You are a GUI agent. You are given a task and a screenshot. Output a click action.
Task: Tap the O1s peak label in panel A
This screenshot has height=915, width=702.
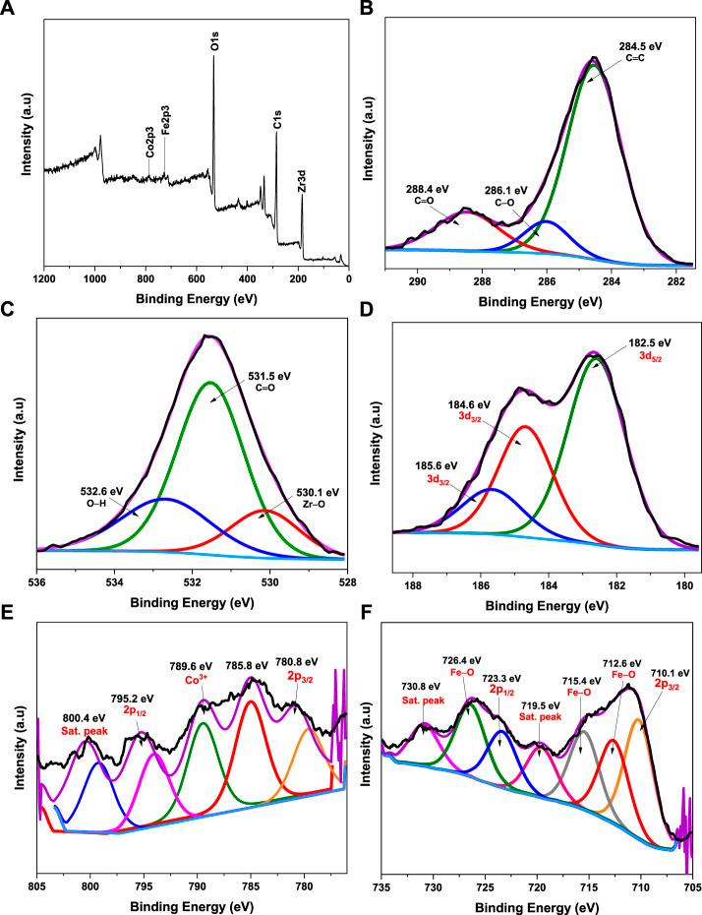click(215, 45)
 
